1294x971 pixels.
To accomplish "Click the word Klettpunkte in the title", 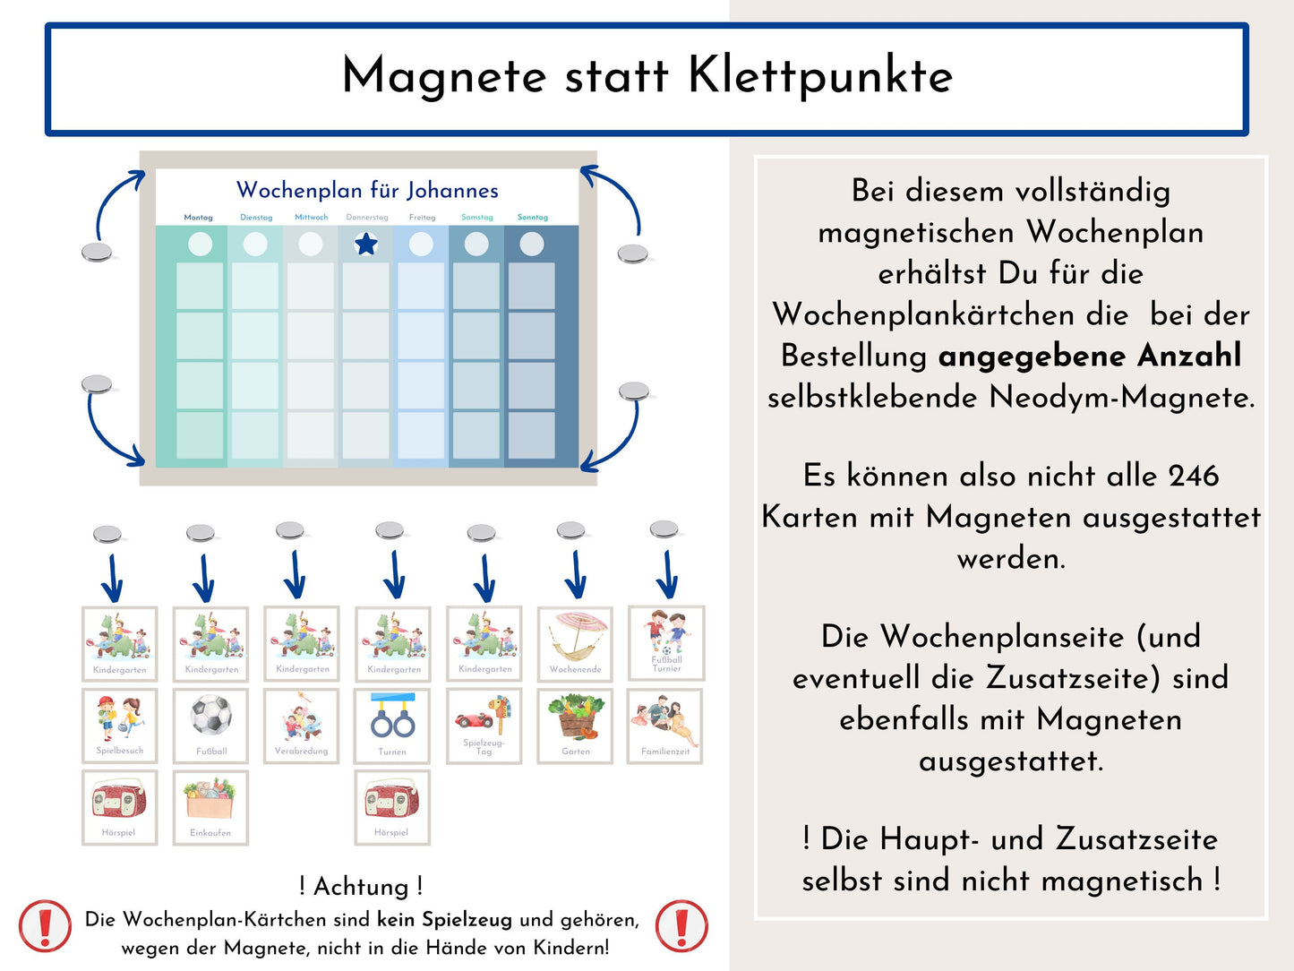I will (x=819, y=76).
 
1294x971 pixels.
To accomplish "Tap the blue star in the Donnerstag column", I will (x=366, y=244).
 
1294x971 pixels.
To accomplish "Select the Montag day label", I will (x=198, y=218).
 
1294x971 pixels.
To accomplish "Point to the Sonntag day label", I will (x=533, y=218).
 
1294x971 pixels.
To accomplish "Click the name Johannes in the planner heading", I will (x=451, y=190).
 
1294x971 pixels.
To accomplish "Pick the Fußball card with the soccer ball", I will (x=210, y=726).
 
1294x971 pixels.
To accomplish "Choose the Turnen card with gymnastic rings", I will (x=392, y=726).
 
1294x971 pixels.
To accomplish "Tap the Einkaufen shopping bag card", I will (x=210, y=807).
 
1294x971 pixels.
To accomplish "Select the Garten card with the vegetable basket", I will (x=575, y=726).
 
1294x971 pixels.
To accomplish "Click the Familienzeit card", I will (x=665, y=726).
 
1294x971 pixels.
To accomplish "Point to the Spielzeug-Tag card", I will (x=484, y=726).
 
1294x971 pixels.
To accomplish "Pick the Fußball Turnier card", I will (x=666, y=643).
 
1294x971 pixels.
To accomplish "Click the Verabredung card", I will (x=301, y=726).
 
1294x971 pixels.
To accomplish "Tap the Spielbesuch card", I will (x=119, y=726).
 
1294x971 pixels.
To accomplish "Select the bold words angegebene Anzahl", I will (x=1090, y=356).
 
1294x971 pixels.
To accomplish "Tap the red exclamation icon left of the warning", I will (x=45, y=925).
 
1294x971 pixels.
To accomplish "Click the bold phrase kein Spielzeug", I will (x=444, y=920).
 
